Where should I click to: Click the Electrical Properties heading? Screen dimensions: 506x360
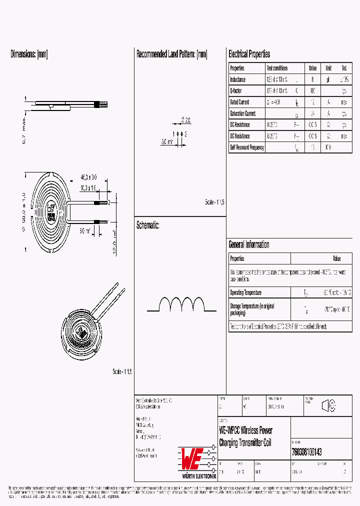coord(249,54)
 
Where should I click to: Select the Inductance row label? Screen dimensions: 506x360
coord(237,79)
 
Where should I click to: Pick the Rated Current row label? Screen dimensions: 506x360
coord(239,102)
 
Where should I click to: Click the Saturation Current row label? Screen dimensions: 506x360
coord(242,113)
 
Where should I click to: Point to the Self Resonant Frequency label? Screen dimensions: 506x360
coord(246,147)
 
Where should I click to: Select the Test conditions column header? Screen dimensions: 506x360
coord(277,68)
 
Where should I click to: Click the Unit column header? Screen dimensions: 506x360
coord(328,68)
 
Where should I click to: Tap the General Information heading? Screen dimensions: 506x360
coord(248,244)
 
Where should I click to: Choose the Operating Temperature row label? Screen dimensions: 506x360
coord(245,292)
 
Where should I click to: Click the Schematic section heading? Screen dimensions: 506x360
coord(147,225)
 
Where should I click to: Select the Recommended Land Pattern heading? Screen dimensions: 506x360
coord(171,54)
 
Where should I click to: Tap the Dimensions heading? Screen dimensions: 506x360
coord(29,54)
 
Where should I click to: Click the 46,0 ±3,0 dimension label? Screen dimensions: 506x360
coord(88,177)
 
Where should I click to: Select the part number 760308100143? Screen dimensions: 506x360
coord(306,452)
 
